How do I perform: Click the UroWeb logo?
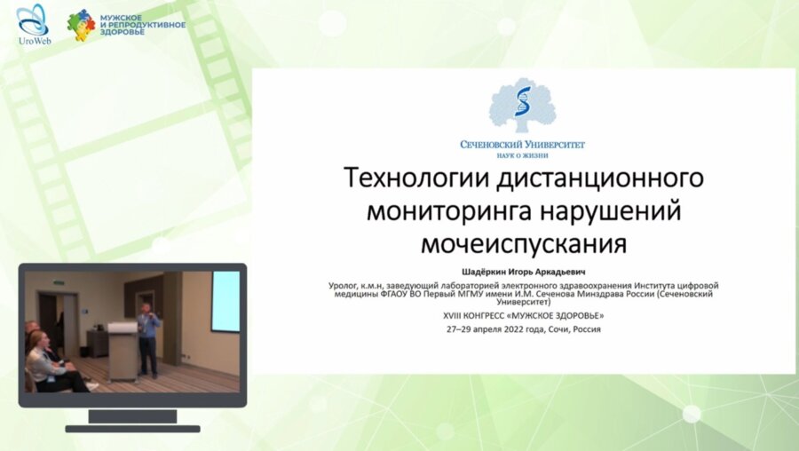33,24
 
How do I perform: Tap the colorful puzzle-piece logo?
81,25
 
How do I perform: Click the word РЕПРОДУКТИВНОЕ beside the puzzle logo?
146,24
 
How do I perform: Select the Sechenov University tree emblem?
523,106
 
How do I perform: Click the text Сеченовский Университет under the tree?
523,144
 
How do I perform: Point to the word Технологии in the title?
404,178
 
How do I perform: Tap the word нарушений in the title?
605,210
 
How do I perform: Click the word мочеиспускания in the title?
523,242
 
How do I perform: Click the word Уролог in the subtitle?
344,285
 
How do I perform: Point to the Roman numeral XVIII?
455,315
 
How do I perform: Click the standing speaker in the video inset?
148,334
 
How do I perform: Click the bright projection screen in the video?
225,301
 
